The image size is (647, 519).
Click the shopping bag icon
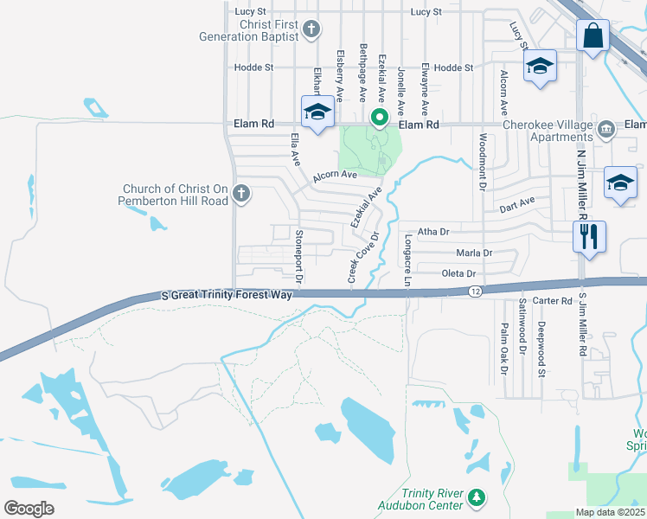[x=593, y=37]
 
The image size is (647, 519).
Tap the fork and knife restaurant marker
[x=589, y=235]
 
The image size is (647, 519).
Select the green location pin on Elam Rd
[x=378, y=117]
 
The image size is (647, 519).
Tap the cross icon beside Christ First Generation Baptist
[x=311, y=30]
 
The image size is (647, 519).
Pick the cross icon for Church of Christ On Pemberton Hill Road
[x=241, y=195]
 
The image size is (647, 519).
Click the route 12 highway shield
[x=475, y=292]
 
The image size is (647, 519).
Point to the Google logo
[x=29, y=508]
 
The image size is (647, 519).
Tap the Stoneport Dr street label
[x=299, y=257]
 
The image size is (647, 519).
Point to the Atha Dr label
[x=433, y=232]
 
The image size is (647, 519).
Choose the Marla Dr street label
[x=474, y=253]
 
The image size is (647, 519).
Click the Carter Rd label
[x=554, y=301]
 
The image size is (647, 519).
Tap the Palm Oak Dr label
[x=502, y=349]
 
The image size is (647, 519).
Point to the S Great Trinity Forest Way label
[x=228, y=295]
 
